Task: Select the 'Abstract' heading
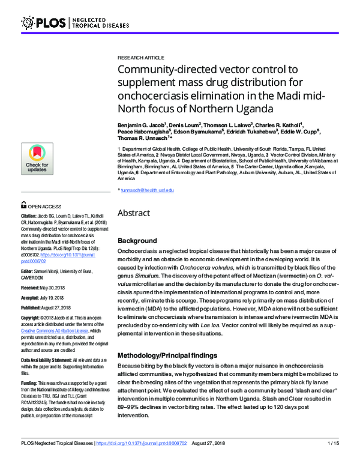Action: [138, 213]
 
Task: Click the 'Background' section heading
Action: [137, 240]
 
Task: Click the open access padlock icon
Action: [23, 205]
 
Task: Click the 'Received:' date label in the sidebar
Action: [32, 288]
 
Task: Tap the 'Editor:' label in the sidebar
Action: [29, 271]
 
